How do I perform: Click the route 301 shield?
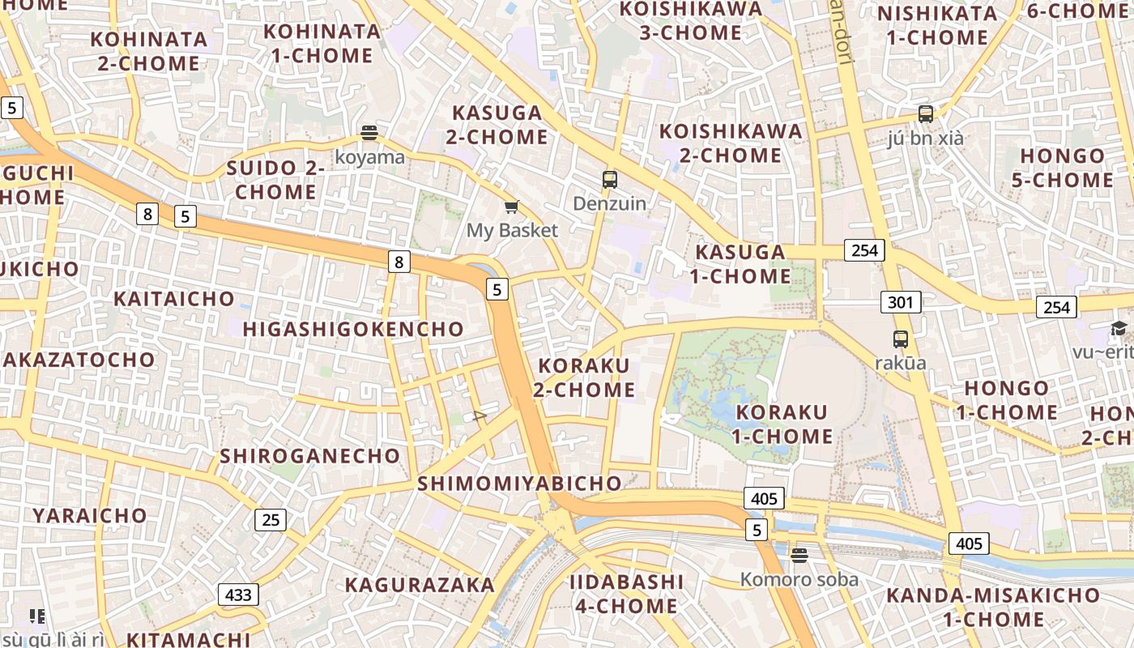click(x=901, y=303)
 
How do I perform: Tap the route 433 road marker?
click(x=238, y=595)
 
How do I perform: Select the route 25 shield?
click(x=271, y=519)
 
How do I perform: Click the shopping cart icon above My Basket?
click(x=511, y=207)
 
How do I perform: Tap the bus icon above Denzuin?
click(x=609, y=180)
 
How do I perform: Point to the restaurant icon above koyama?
click(x=369, y=133)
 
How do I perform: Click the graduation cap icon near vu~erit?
click(x=1119, y=329)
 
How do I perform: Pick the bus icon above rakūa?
click(x=901, y=339)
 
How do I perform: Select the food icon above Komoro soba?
click(x=799, y=555)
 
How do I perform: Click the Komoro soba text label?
click(x=799, y=579)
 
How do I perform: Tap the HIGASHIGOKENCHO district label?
click(x=353, y=330)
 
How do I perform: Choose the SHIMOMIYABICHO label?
click(x=519, y=484)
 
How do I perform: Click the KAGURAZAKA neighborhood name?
click(x=420, y=585)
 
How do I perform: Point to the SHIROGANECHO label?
click(x=310, y=456)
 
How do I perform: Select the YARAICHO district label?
click(x=90, y=515)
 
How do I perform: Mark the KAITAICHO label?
click(x=174, y=299)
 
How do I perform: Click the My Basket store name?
click(x=512, y=231)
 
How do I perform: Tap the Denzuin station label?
click(x=610, y=203)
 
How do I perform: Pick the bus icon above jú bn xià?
click(x=926, y=114)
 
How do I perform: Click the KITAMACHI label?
click(x=188, y=639)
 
